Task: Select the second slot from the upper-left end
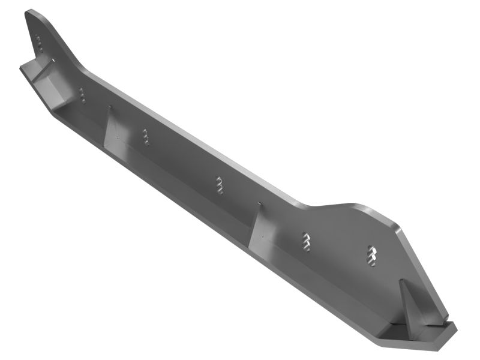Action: pyautogui.click(x=82, y=95)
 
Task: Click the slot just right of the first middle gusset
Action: pyautogui.click(x=146, y=136)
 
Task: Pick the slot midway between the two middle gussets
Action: pyautogui.click(x=220, y=184)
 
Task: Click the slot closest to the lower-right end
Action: pyautogui.click(x=372, y=256)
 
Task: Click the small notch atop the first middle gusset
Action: pyautogui.click(x=110, y=108)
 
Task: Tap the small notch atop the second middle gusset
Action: pyautogui.click(x=260, y=204)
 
